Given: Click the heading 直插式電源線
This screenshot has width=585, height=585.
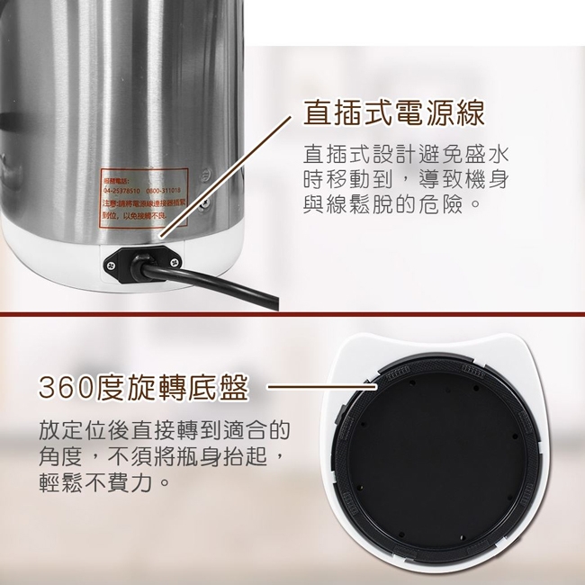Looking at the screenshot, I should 394,112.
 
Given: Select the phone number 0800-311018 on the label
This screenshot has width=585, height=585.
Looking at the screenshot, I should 161,190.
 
